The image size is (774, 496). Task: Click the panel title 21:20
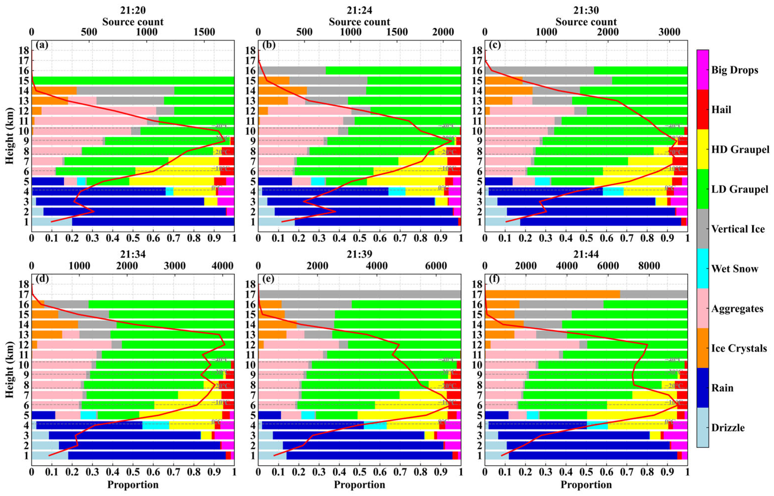[x=133, y=10]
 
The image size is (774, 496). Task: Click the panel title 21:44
[x=586, y=254]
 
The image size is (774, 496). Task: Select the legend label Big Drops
[x=734, y=70]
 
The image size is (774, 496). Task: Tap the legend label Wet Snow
[x=734, y=269]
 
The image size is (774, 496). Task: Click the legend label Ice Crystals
[x=739, y=348]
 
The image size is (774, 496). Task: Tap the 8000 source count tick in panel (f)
[x=649, y=266]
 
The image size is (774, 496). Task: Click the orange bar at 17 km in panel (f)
[x=552, y=294]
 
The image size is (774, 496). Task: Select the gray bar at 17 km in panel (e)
[x=359, y=294]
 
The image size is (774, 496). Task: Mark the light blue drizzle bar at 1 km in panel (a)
[x=52, y=222]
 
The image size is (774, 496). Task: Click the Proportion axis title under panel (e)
[x=359, y=485]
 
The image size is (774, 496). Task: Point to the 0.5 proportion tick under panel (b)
[x=359, y=238]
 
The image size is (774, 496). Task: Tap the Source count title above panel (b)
[x=359, y=22]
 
